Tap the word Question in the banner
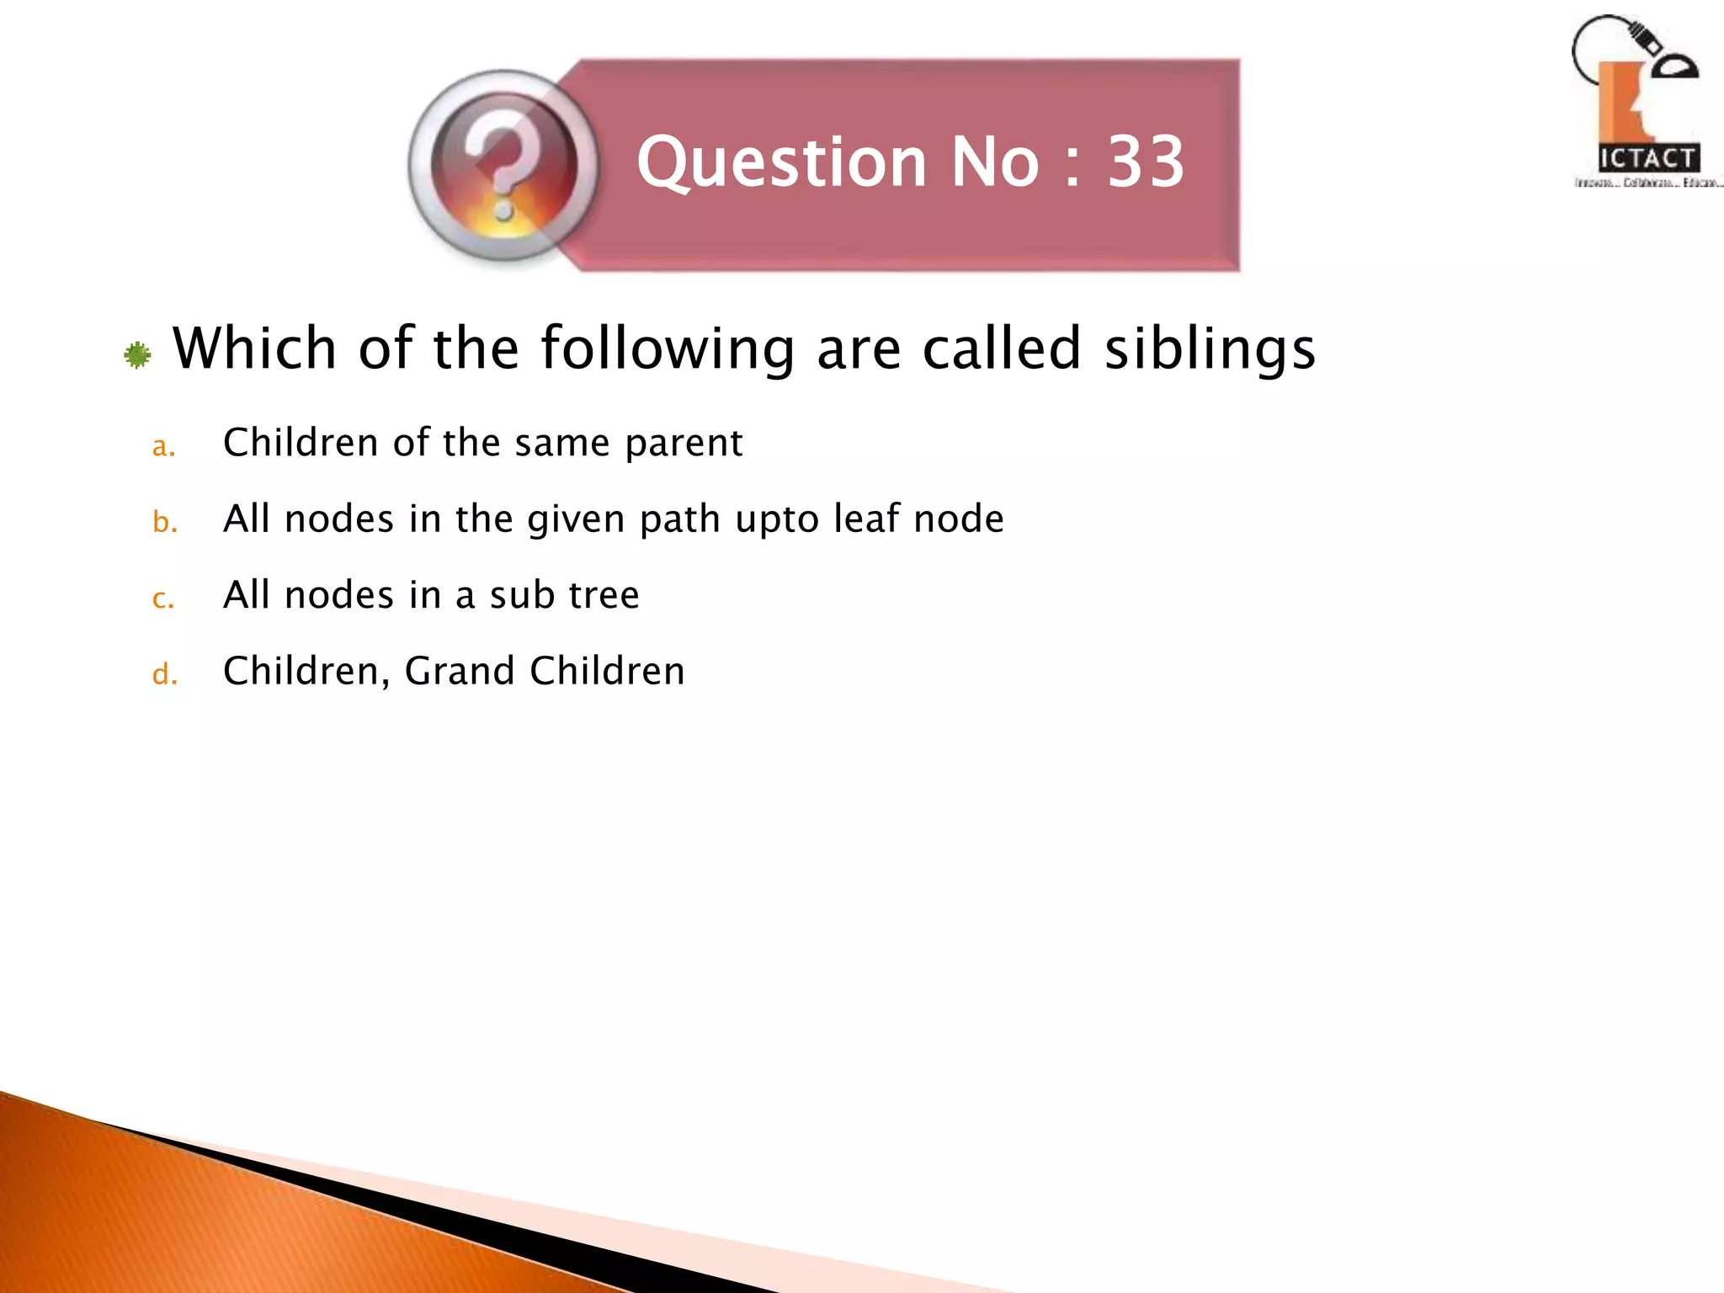click(x=782, y=162)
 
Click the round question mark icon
click(x=503, y=166)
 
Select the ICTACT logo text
click(x=1647, y=158)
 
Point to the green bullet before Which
click(x=137, y=355)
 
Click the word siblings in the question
click(x=1210, y=349)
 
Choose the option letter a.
click(x=163, y=446)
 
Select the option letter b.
click(x=164, y=523)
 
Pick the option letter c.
click(x=163, y=599)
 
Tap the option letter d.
click(x=164, y=675)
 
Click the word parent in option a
click(x=684, y=444)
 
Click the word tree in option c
click(x=604, y=595)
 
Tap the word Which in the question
click(x=254, y=349)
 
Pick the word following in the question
click(x=668, y=349)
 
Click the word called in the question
click(x=1001, y=349)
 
